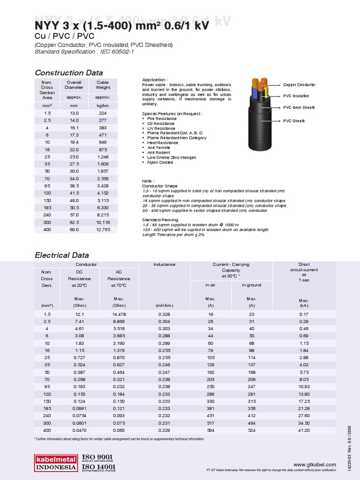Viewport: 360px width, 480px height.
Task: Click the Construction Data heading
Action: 69,73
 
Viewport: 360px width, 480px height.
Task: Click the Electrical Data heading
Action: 62,255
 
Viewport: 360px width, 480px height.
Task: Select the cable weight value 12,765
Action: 103,229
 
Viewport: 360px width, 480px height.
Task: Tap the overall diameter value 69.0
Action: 75,229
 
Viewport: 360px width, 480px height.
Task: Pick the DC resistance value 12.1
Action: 79,314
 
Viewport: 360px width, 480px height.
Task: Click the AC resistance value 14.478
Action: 119,314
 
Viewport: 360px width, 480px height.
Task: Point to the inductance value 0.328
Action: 164,314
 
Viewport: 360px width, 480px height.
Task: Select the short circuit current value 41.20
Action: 304,429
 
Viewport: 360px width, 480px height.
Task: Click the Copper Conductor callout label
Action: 299,85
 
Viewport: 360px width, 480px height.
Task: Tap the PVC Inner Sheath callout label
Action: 299,107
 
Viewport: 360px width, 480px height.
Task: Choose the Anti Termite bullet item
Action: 160,148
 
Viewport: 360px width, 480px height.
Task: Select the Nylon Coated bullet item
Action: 160,162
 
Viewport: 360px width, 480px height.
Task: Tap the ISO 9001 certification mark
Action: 97,457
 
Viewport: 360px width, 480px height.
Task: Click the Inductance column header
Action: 164,264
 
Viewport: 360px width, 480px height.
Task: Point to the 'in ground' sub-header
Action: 251,285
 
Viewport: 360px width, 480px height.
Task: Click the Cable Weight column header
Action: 103,85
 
